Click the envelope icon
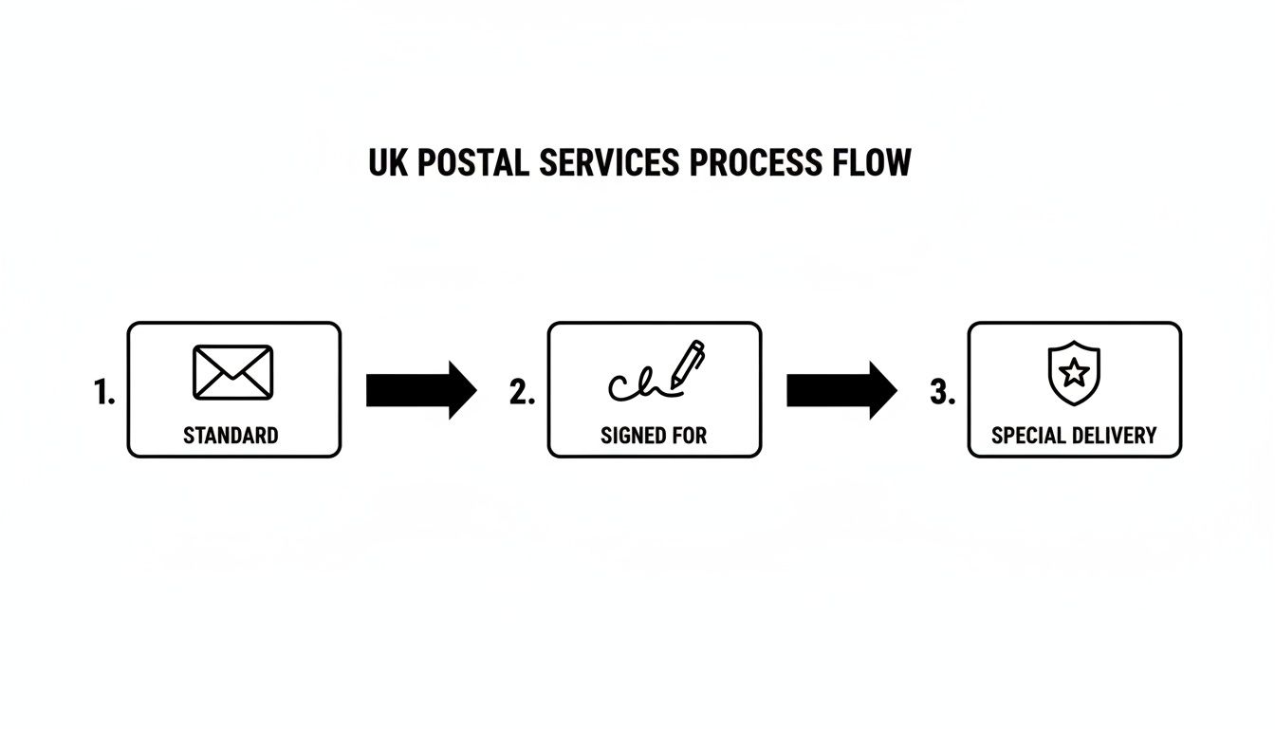pos(232,372)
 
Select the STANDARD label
pos(231,436)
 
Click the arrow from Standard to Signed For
pos(421,390)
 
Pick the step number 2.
pos(522,393)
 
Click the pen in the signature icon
pos(690,363)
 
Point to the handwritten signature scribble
pos(634,383)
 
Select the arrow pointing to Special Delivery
pos(841,390)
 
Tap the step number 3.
pos(941,393)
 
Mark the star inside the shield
pos(1074,373)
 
